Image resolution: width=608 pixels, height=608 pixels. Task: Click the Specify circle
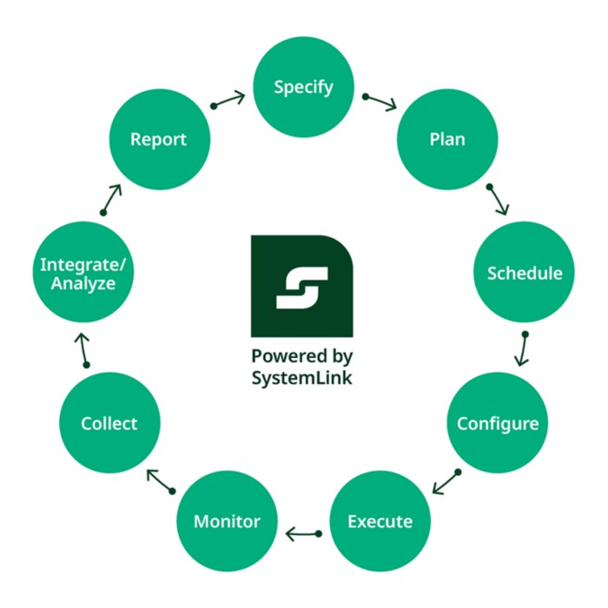303,88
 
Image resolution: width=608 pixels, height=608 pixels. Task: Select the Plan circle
447,140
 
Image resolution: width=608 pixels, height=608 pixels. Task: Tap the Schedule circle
524,273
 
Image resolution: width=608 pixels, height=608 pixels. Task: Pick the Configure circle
498,424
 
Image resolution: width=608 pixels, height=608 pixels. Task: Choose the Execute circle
380,521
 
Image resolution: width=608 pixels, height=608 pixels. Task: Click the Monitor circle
227,521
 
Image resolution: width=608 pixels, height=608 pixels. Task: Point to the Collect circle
109,424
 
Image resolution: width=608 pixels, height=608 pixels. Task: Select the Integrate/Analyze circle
77,273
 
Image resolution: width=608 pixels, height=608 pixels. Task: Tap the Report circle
158,140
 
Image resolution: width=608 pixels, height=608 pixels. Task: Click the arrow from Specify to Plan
380,102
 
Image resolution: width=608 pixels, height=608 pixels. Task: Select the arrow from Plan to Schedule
498,200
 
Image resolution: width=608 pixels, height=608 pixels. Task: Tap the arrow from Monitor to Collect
160,479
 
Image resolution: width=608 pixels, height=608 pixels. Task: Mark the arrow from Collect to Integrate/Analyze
83,349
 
